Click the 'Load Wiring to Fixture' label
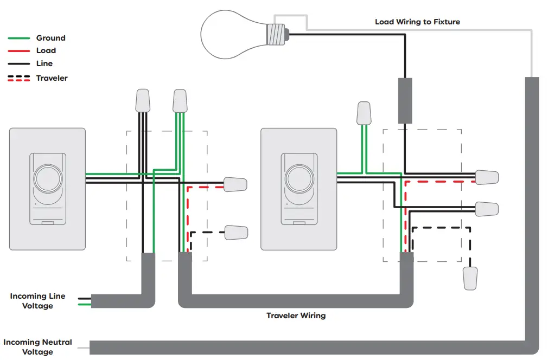[x=417, y=22]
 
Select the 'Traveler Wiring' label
[x=296, y=316]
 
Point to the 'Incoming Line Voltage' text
[x=37, y=301]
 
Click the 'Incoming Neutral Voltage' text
[x=37, y=347]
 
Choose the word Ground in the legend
[x=50, y=38]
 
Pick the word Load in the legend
[x=46, y=50]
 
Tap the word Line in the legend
[x=44, y=63]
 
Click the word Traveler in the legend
[x=52, y=78]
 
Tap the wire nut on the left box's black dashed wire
[x=236, y=233]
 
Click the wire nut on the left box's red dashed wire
[x=235, y=184]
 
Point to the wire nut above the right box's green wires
[x=364, y=113]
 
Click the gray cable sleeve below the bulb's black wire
[x=405, y=100]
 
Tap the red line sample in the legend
[x=18, y=50]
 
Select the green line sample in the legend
[x=18, y=38]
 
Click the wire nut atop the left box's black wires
[x=143, y=100]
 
